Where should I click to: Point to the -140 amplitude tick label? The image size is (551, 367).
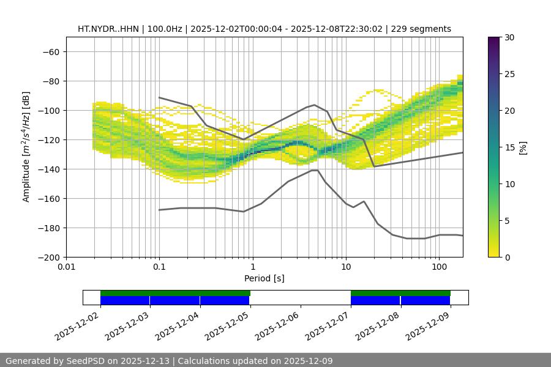coord(49,169)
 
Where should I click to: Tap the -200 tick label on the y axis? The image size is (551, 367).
coord(49,258)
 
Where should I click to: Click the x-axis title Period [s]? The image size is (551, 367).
coord(264,278)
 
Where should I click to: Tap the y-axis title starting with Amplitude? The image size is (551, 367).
coord(26,147)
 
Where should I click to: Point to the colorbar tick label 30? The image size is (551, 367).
coord(509,37)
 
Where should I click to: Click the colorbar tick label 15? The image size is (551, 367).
coord(509,147)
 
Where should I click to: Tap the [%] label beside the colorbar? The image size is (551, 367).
coord(523,147)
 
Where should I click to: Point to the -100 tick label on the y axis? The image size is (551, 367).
coord(49,111)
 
